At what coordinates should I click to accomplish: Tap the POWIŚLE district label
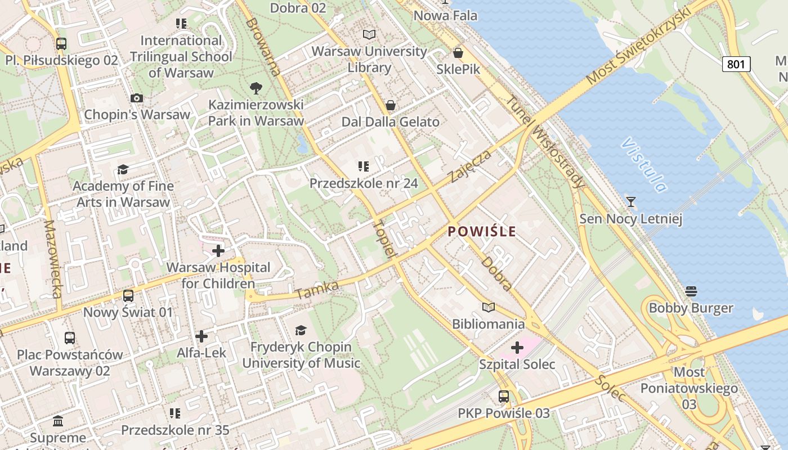[482, 231]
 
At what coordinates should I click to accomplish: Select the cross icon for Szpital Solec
[517, 348]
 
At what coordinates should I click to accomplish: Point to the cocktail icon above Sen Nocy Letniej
[631, 202]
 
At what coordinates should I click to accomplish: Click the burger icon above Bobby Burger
[691, 291]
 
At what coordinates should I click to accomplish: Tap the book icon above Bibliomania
[489, 308]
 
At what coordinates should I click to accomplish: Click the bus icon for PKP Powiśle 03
[504, 397]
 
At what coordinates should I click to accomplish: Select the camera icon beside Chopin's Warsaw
[136, 98]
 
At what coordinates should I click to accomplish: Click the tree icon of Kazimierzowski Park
[256, 88]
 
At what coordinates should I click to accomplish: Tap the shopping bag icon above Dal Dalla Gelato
[391, 105]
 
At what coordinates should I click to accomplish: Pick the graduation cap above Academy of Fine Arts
[123, 169]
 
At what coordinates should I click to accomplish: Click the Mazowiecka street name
[52, 259]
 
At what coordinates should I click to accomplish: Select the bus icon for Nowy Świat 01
[128, 296]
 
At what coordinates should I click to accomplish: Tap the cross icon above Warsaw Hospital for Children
[218, 251]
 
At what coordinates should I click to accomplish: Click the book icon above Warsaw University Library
[369, 35]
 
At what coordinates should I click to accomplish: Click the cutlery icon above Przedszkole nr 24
[363, 166]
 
